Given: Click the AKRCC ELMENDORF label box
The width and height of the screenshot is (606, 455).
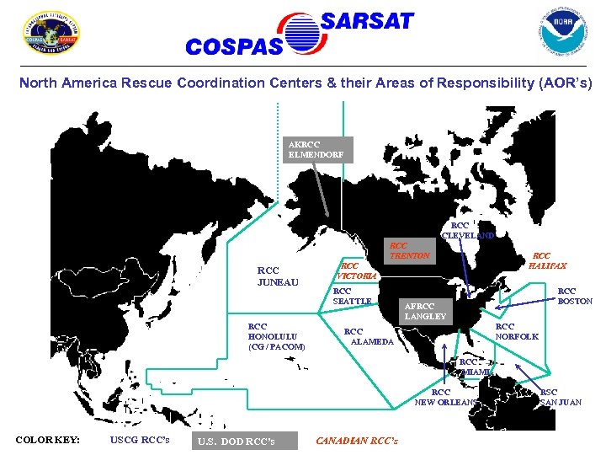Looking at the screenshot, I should coord(316,149).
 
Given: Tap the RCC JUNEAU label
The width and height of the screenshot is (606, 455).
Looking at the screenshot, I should coord(278,276).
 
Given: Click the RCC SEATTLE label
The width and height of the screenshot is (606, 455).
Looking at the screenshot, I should coord(352,296).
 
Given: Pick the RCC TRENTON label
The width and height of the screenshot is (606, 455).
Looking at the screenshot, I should coord(410,250).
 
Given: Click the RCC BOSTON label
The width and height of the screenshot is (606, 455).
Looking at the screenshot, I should coord(575,296).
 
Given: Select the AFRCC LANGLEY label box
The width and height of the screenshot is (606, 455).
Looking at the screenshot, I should coord(426,311).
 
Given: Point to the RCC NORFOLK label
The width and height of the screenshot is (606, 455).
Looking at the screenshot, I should coord(516,331).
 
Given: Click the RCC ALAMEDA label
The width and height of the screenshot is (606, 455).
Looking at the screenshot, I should coord(368,336).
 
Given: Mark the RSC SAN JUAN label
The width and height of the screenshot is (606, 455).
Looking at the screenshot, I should coord(560,397).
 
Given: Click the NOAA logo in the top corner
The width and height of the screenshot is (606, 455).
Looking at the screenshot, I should coord(561,32).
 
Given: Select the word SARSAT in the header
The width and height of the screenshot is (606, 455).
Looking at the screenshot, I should coord(368,21).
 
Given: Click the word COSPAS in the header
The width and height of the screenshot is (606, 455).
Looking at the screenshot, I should coord(233,47).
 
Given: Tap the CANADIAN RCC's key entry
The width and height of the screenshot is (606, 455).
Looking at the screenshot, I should coord(357,440).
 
